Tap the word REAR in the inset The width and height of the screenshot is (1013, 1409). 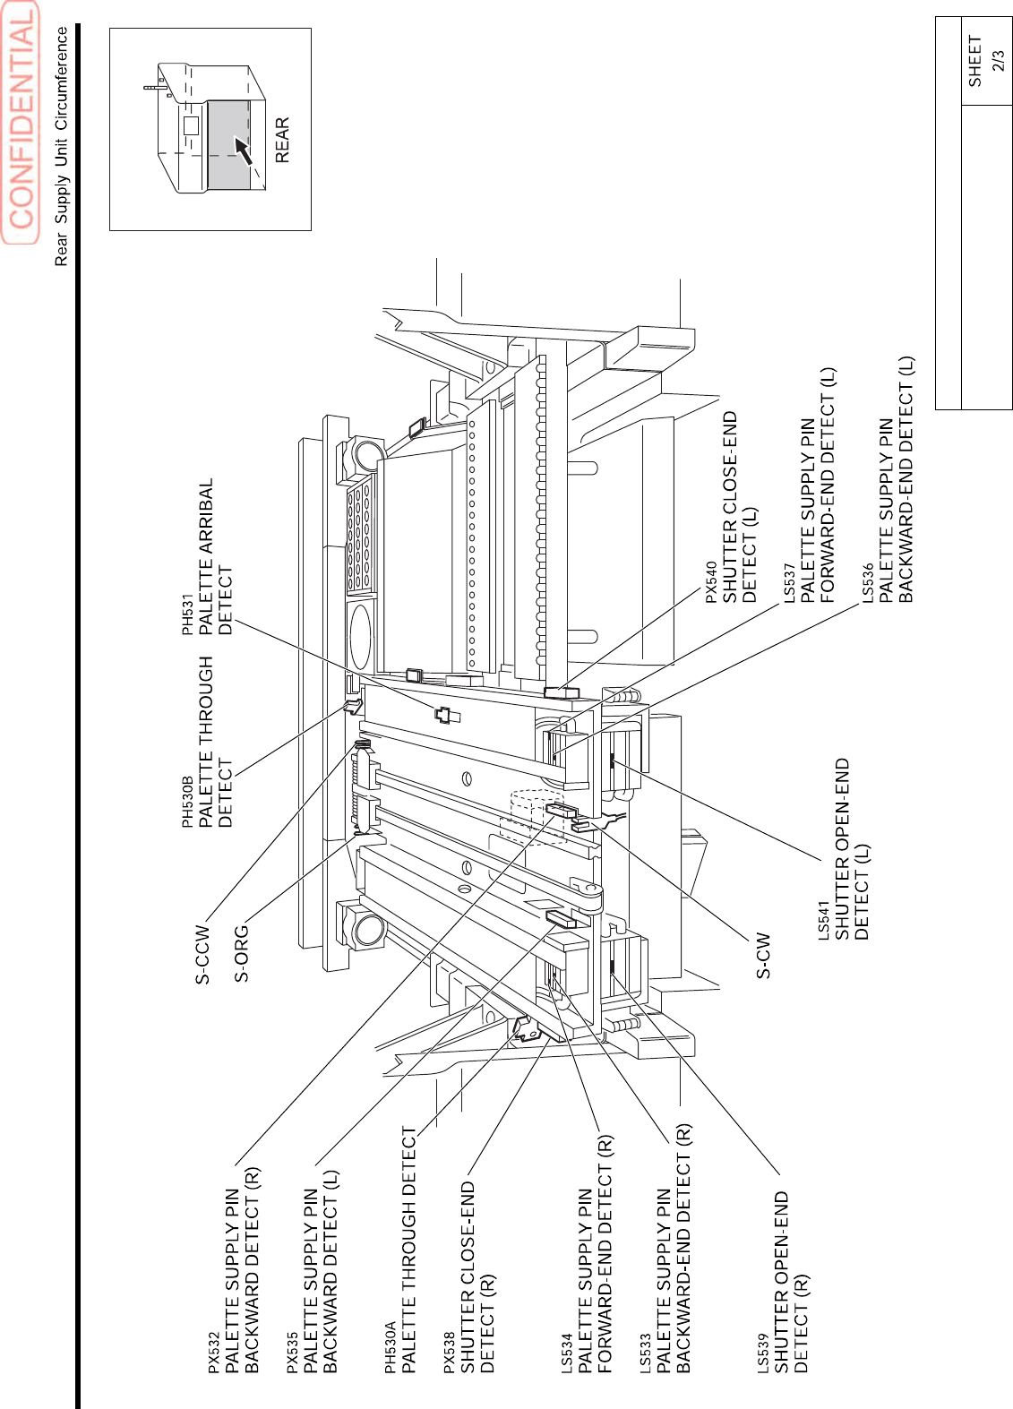282,140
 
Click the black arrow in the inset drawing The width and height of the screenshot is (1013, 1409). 243,150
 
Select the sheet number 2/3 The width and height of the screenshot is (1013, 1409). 999,61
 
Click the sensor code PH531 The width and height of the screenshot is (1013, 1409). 188,614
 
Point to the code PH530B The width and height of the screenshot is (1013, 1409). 188,802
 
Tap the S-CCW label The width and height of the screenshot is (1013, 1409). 203,955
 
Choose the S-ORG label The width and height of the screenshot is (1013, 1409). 242,953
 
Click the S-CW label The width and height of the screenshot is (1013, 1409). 762,955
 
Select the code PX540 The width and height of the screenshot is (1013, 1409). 711,582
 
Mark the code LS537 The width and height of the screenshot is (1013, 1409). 789,583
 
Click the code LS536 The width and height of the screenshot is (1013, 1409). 867,583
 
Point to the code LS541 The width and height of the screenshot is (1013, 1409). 823,921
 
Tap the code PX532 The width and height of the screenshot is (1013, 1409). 213,1353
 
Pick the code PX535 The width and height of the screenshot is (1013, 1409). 292,1353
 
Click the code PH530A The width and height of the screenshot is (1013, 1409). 390,1347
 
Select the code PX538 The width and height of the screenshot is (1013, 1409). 449,1353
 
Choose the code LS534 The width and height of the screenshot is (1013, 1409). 566,1353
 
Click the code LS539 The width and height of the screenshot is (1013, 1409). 762,1353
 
